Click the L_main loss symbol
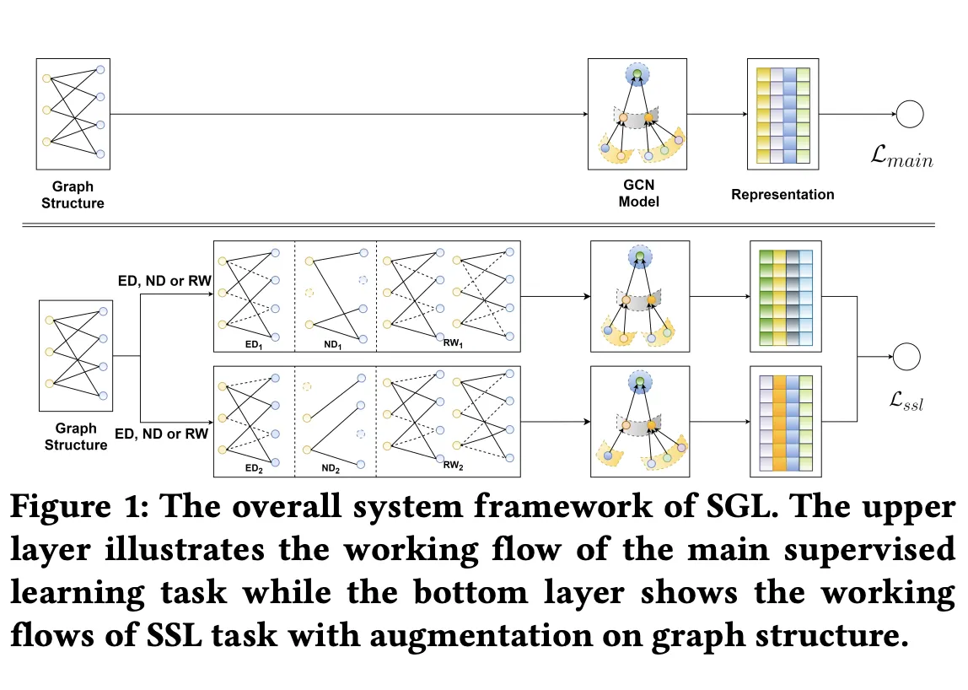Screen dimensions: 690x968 (x=903, y=158)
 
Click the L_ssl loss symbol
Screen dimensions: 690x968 (x=906, y=402)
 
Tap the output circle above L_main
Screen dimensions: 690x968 (x=910, y=114)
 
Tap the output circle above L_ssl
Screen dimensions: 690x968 (x=907, y=357)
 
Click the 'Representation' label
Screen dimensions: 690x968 (x=782, y=195)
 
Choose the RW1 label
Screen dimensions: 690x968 (x=454, y=343)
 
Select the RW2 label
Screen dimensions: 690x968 (x=454, y=464)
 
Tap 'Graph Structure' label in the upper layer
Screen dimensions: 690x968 (x=73, y=195)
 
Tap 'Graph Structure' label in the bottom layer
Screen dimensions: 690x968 (x=76, y=437)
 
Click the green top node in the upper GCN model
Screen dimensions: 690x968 (x=637, y=76)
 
